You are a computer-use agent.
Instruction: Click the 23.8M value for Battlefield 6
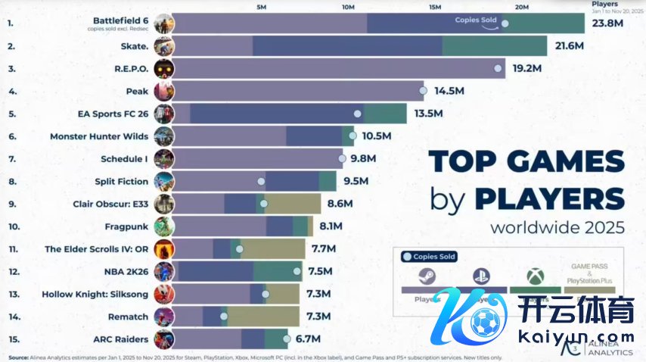coord(608,23)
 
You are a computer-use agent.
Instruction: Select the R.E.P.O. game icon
coord(163,68)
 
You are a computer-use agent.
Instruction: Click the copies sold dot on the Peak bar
coord(423,91)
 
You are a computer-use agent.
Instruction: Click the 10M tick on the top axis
coord(348,7)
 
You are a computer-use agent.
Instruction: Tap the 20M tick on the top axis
coord(522,7)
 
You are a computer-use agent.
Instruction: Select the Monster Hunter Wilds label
coord(99,136)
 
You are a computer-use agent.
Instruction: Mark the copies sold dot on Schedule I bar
coord(343,159)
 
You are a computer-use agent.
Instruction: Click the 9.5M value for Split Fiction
coord(355,181)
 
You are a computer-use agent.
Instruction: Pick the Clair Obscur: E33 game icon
coord(163,204)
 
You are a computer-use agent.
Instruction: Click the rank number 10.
coord(12,226)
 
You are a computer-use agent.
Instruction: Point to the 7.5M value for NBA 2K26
coord(321,270)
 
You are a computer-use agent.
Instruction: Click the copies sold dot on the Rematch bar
coord(224,316)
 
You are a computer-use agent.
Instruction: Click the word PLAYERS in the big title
coord(550,198)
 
